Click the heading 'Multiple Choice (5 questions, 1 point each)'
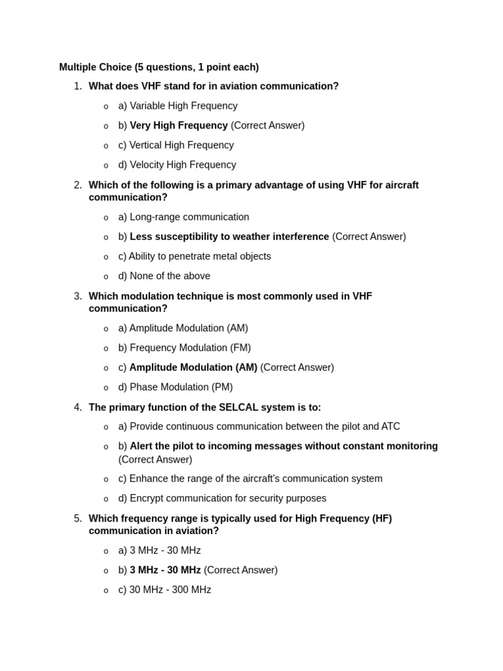tap(158, 67)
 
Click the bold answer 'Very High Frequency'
tap(179, 125)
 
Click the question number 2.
tap(78, 185)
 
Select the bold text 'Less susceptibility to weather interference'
tap(229, 237)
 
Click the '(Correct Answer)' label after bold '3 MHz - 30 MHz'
tap(240, 570)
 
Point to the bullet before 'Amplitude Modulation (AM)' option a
tap(106, 329)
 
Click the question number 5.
tap(78, 518)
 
